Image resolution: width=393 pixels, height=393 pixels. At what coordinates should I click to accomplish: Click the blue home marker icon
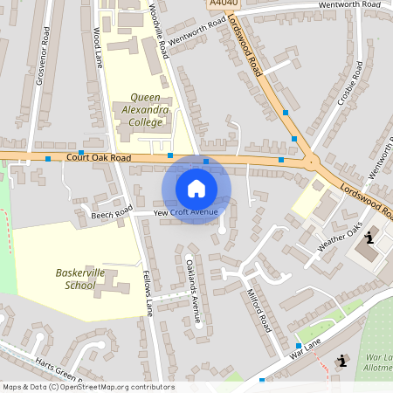(196, 188)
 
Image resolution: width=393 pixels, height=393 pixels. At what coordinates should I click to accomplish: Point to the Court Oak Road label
(98, 158)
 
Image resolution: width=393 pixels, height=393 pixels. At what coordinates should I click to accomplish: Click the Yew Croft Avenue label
(185, 212)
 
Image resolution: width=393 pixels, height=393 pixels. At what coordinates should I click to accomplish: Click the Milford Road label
(261, 306)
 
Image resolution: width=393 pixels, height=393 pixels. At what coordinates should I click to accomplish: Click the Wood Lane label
(97, 45)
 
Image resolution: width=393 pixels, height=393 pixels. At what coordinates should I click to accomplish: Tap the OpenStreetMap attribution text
(87, 387)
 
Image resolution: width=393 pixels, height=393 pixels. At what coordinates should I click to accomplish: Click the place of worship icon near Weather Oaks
(371, 236)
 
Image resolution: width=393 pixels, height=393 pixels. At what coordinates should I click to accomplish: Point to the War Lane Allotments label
(378, 363)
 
